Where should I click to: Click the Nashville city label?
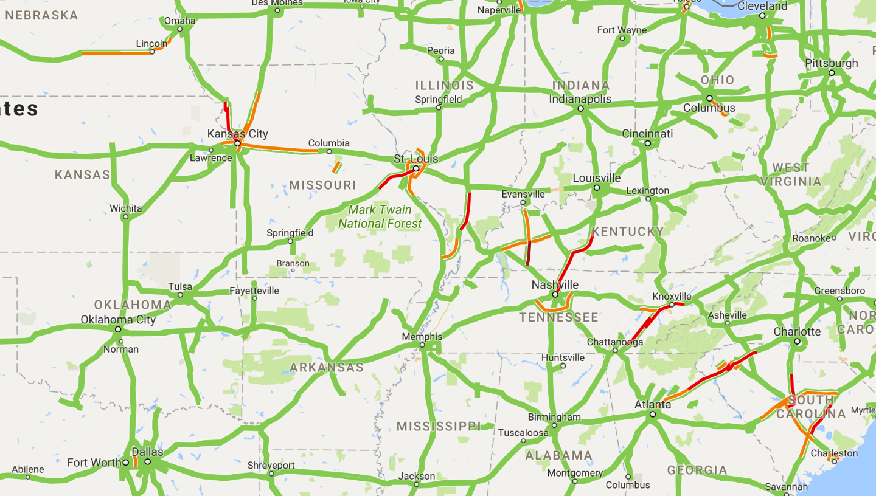(555, 284)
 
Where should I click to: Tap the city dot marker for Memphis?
(422, 345)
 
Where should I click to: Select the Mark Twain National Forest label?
(380, 217)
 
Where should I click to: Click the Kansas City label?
(237, 134)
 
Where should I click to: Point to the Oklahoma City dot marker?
(118, 329)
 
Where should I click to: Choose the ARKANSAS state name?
(327, 367)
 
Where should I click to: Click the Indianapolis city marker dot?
(580, 109)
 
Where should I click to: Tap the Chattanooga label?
(615, 342)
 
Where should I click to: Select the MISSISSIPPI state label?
(438, 426)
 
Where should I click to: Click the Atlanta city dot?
(652, 414)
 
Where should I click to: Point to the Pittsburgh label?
(831, 63)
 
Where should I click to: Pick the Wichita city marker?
(126, 216)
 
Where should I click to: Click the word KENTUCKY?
(627, 232)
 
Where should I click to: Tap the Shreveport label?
(271, 466)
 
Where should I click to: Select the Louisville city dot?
(597, 188)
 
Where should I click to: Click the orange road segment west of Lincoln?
(116, 53)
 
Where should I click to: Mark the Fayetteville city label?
(254, 291)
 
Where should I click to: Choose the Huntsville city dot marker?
(563, 366)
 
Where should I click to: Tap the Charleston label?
(834, 453)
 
